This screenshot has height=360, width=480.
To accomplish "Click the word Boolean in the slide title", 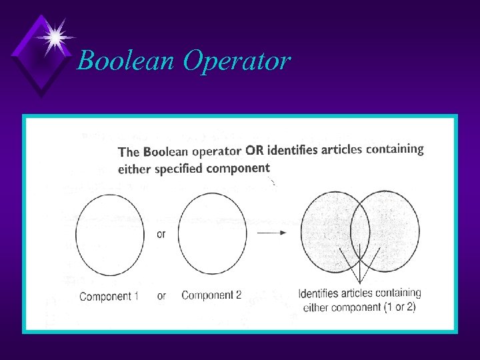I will point(125,61).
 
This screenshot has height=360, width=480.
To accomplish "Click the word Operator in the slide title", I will point(237,61).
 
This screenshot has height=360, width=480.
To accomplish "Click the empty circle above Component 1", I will point(109,233).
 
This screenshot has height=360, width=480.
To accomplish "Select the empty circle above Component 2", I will point(213,233).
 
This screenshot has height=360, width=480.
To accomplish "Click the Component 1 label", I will point(109,296).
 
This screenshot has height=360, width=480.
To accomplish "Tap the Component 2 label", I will point(211,295).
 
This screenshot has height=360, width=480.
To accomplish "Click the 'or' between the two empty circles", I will point(161,234).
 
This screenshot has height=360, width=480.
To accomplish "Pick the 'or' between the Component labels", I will point(161,296).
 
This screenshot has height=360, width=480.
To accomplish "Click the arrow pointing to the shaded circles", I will point(272,232).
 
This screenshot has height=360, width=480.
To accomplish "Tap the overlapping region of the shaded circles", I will point(360,231).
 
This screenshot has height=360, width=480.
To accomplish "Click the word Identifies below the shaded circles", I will point(318,293).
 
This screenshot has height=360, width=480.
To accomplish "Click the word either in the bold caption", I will point(135,169).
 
